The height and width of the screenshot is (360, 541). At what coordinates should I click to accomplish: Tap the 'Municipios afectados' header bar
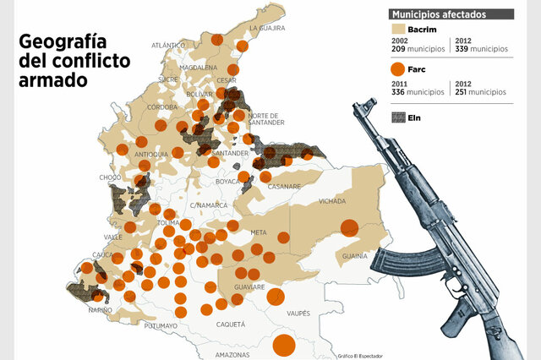pos(451,14)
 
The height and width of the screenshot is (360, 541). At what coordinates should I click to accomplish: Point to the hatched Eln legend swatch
pos(398,117)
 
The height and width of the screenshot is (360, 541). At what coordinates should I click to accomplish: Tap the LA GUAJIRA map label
pos(267,28)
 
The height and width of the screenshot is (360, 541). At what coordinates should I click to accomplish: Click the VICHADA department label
pos(332,202)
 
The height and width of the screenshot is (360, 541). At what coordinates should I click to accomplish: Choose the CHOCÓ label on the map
pos(110,177)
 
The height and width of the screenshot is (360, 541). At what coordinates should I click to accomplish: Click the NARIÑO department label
pos(100,310)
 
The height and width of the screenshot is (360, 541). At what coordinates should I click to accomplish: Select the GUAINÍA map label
pos(352,255)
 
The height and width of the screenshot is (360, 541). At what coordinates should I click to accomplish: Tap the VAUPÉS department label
pos(298,314)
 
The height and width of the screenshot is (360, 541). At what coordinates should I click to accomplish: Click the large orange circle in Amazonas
pos(284,346)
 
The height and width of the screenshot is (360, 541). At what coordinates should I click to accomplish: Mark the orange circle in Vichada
pos(348,226)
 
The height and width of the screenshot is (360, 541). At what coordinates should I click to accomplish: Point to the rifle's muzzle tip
pos(359,105)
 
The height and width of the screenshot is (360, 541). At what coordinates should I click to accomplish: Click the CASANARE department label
pos(285,187)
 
